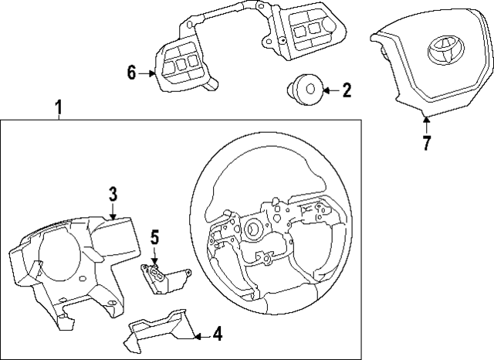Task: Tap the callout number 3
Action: pyautogui.click(x=113, y=194)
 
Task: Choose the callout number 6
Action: pyautogui.click(x=132, y=73)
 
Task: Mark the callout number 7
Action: pyautogui.click(x=426, y=143)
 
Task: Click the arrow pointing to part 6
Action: pyautogui.click(x=149, y=73)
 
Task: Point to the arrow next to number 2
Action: pyautogui.click(x=328, y=91)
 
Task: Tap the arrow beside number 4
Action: pyautogui.click(x=200, y=335)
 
